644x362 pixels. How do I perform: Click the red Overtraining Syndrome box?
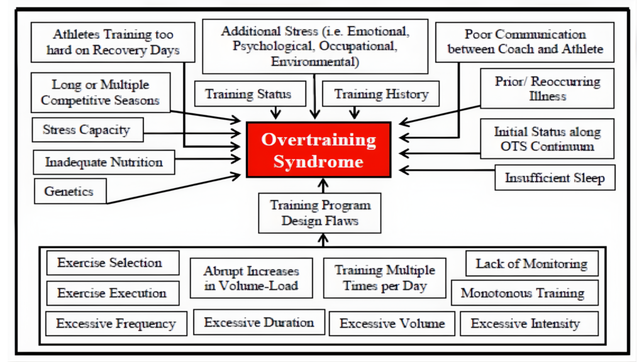pyautogui.click(x=318, y=150)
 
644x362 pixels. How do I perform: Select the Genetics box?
pyautogui.click(x=70, y=191)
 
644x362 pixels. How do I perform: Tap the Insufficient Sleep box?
pyautogui.click(x=554, y=178)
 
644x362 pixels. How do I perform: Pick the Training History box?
pyautogui.click(x=380, y=95)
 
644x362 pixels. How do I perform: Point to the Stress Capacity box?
pyautogui.click(x=86, y=130)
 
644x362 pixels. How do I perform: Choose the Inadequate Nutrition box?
pyautogui.click(x=104, y=162)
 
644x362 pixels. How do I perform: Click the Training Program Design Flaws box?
pyautogui.click(x=320, y=212)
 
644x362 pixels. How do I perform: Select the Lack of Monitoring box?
pyautogui.click(x=531, y=264)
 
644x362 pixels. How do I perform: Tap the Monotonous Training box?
pyautogui.click(x=522, y=293)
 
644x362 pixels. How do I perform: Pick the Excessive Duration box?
pyautogui.click(x=258, y=322)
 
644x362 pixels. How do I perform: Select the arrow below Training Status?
pyautogui.click(x=275, y=112)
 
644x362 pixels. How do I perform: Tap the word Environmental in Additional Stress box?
pyautogui.click(x=314, y=62)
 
